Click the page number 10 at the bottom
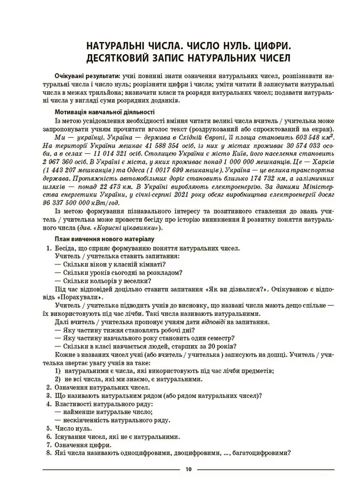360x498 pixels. click(188, 470)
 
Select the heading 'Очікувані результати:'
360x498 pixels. click(87, 75)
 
